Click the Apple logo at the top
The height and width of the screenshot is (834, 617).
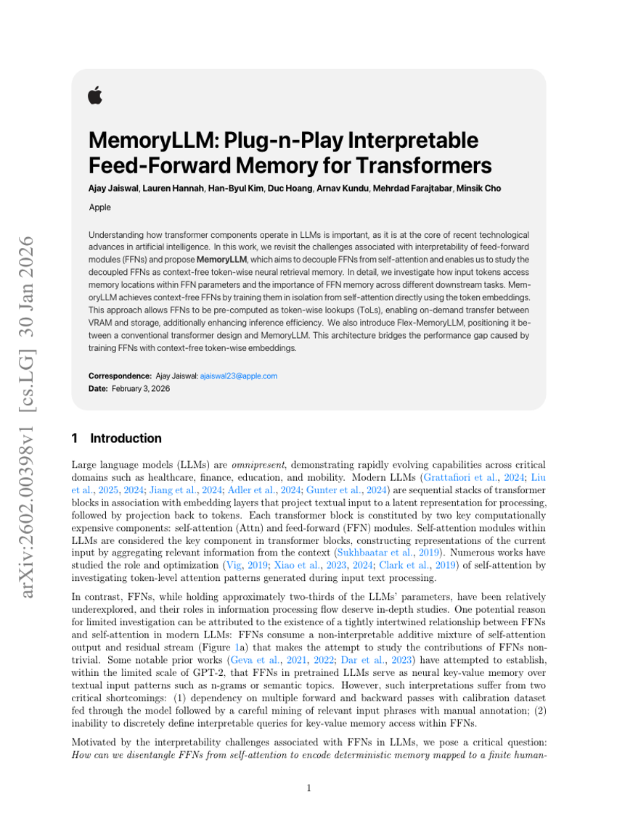[x=95, y=95]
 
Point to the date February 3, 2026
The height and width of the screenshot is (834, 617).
[x=140, y=389]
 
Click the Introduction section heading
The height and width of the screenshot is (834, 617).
[x=126, y=438]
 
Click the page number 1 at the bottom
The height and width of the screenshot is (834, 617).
[x=308, y=788]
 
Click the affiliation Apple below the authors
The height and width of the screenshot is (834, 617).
[x=100, y=207]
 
